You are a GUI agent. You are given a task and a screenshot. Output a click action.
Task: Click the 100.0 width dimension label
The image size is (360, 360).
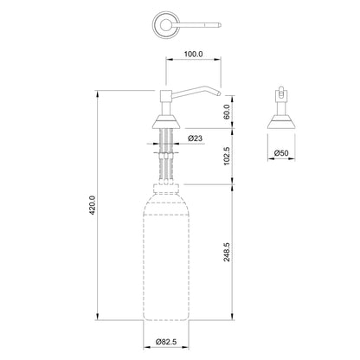tap(194, 54)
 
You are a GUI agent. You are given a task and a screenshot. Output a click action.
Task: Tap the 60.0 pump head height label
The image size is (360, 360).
tap(227, 111)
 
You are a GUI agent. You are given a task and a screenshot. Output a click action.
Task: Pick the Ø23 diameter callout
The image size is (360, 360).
tap(195, 138)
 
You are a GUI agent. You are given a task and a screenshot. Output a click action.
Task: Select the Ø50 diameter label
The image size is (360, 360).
tap(281, 153)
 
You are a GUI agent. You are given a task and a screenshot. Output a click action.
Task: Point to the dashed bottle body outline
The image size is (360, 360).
tap(166, 260)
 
